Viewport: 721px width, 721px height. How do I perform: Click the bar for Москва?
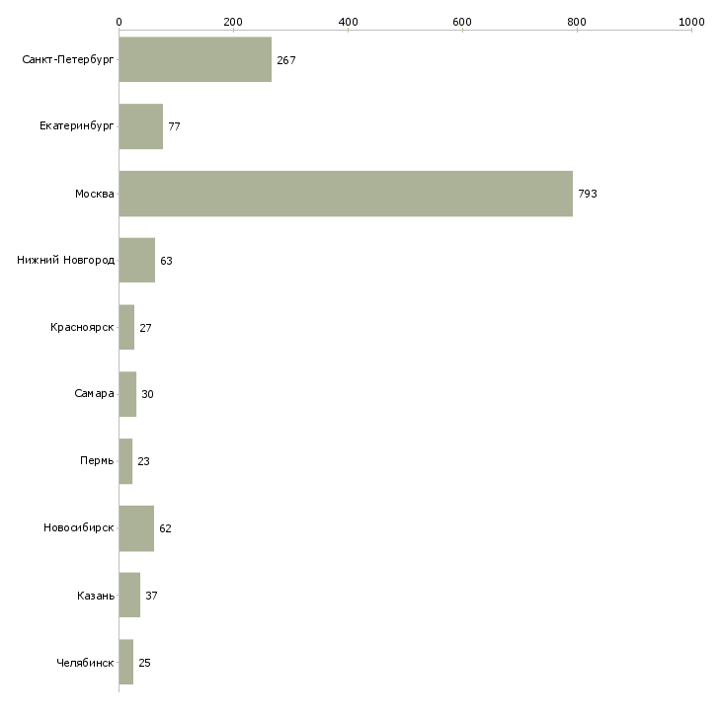(x=346, y=194)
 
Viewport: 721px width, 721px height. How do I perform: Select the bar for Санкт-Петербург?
(x=195, y=60)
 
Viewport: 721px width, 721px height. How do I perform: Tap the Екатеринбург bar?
(x=140, y=126)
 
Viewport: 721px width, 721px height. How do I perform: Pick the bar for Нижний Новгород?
(x=136, y=261)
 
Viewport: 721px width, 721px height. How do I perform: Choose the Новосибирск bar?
(x=136, y=528)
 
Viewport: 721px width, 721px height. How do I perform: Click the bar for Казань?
(x=129, y=596)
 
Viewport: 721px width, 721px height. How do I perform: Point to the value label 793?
(x=588, y=194)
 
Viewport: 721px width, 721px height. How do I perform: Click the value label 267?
(x=286, y=60)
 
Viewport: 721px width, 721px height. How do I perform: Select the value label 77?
(x=174, y=126)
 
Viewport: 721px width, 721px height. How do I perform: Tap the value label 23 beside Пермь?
(x=143, y=461)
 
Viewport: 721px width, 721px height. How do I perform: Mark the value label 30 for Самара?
(x=147, y=394)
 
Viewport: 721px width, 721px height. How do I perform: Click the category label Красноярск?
(x=82, y=327)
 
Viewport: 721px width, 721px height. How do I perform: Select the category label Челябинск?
(x=85, y=662)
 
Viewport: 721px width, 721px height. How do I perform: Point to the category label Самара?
(x=94, y=394)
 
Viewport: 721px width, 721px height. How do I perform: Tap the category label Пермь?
(x=97, y=461)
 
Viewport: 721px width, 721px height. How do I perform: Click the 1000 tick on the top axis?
(x=691, y=21)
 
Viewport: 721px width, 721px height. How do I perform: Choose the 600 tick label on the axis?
(x=462, y=21)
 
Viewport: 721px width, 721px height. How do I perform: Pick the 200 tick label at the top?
(x=233, y=21)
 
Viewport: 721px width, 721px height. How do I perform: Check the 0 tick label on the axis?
(x=119, y=21)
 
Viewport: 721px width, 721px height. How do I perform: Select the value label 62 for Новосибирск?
(x=165, y=528)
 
